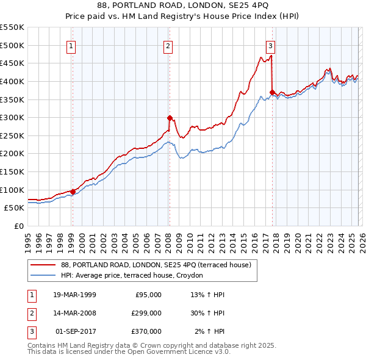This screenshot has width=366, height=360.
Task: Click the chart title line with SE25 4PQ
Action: pos(182,5)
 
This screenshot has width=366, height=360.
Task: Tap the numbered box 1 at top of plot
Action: pos(71,45)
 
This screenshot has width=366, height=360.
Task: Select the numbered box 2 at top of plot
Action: pos(168,45)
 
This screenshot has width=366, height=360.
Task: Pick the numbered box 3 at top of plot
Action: pos(270,45)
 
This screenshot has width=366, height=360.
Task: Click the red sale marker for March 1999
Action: pos(73,192)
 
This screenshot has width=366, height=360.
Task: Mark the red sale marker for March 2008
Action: pos(170,118)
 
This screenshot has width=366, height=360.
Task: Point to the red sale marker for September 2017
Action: pos(272,92)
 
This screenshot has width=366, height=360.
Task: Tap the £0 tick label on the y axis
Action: pos(19,226)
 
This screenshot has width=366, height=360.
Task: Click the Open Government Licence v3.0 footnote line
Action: pos(129,352)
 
